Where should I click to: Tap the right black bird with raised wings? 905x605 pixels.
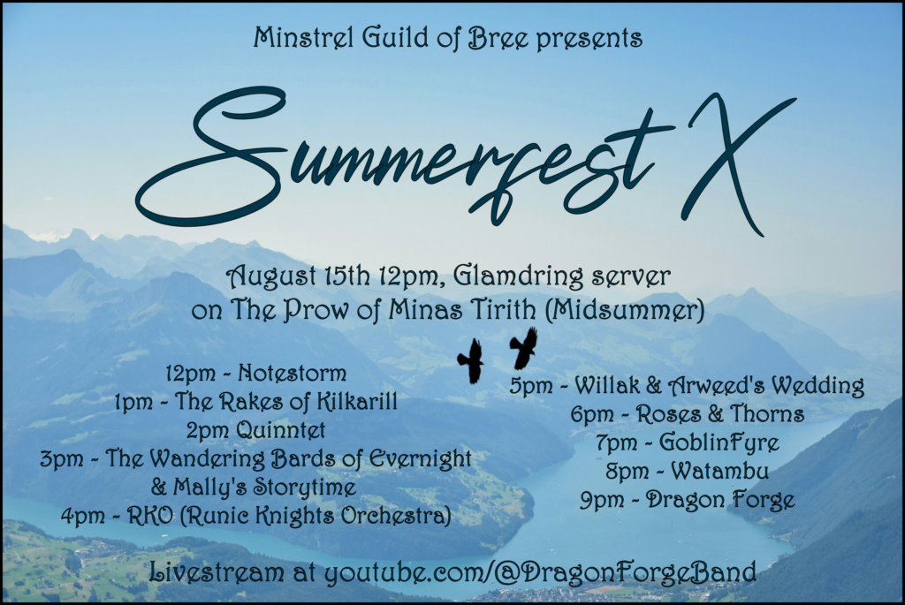coord(524,348)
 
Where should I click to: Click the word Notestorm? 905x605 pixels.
coord(292,373)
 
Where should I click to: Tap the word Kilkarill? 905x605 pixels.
coord(358,401)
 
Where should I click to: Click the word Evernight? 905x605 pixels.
coord(420,459)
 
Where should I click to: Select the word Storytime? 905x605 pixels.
coord(304,488)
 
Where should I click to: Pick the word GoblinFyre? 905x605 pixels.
coord(719,443)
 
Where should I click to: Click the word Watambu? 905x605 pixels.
coord(719,472)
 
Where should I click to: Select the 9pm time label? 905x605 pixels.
coord(602,500)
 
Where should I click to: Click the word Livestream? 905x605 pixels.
coord(217,572)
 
